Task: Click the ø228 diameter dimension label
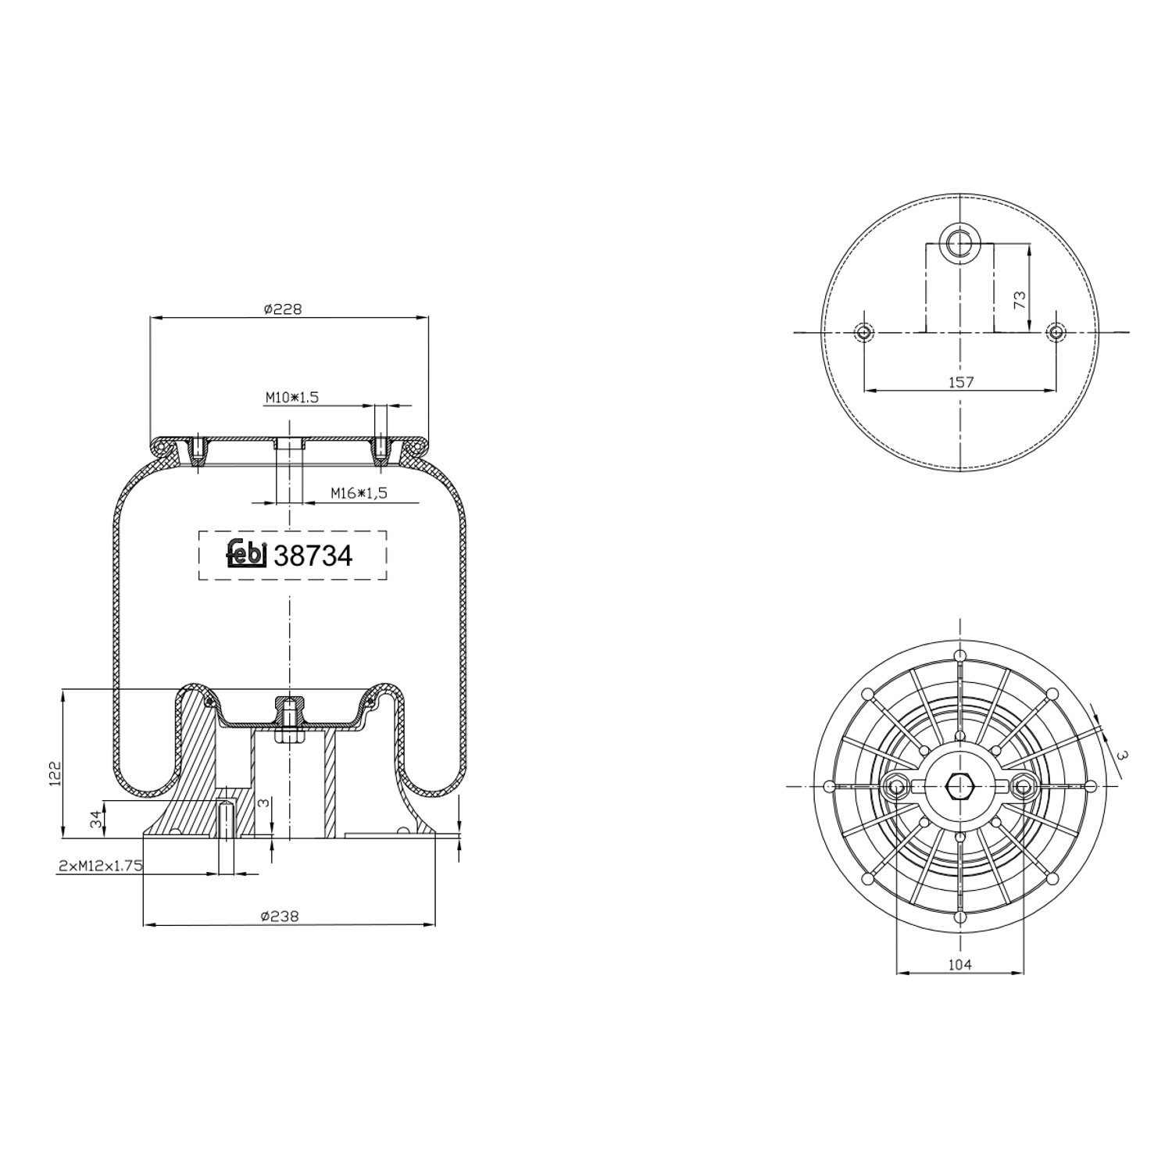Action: (282, 309)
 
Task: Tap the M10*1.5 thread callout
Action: (291, 398)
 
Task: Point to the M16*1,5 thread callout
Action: (359, 493)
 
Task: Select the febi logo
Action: (247, 554)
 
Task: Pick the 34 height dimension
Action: (96, 820)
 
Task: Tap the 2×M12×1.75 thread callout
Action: (100, 866)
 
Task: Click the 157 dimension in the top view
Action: (960, 382)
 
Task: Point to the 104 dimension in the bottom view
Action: (959, 965)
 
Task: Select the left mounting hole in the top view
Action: (863, 333)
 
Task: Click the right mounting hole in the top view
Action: (1056, 333)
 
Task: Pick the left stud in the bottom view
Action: (896, 786)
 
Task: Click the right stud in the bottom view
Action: (1023, 786)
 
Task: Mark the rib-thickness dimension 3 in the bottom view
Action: (1123, 756)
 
